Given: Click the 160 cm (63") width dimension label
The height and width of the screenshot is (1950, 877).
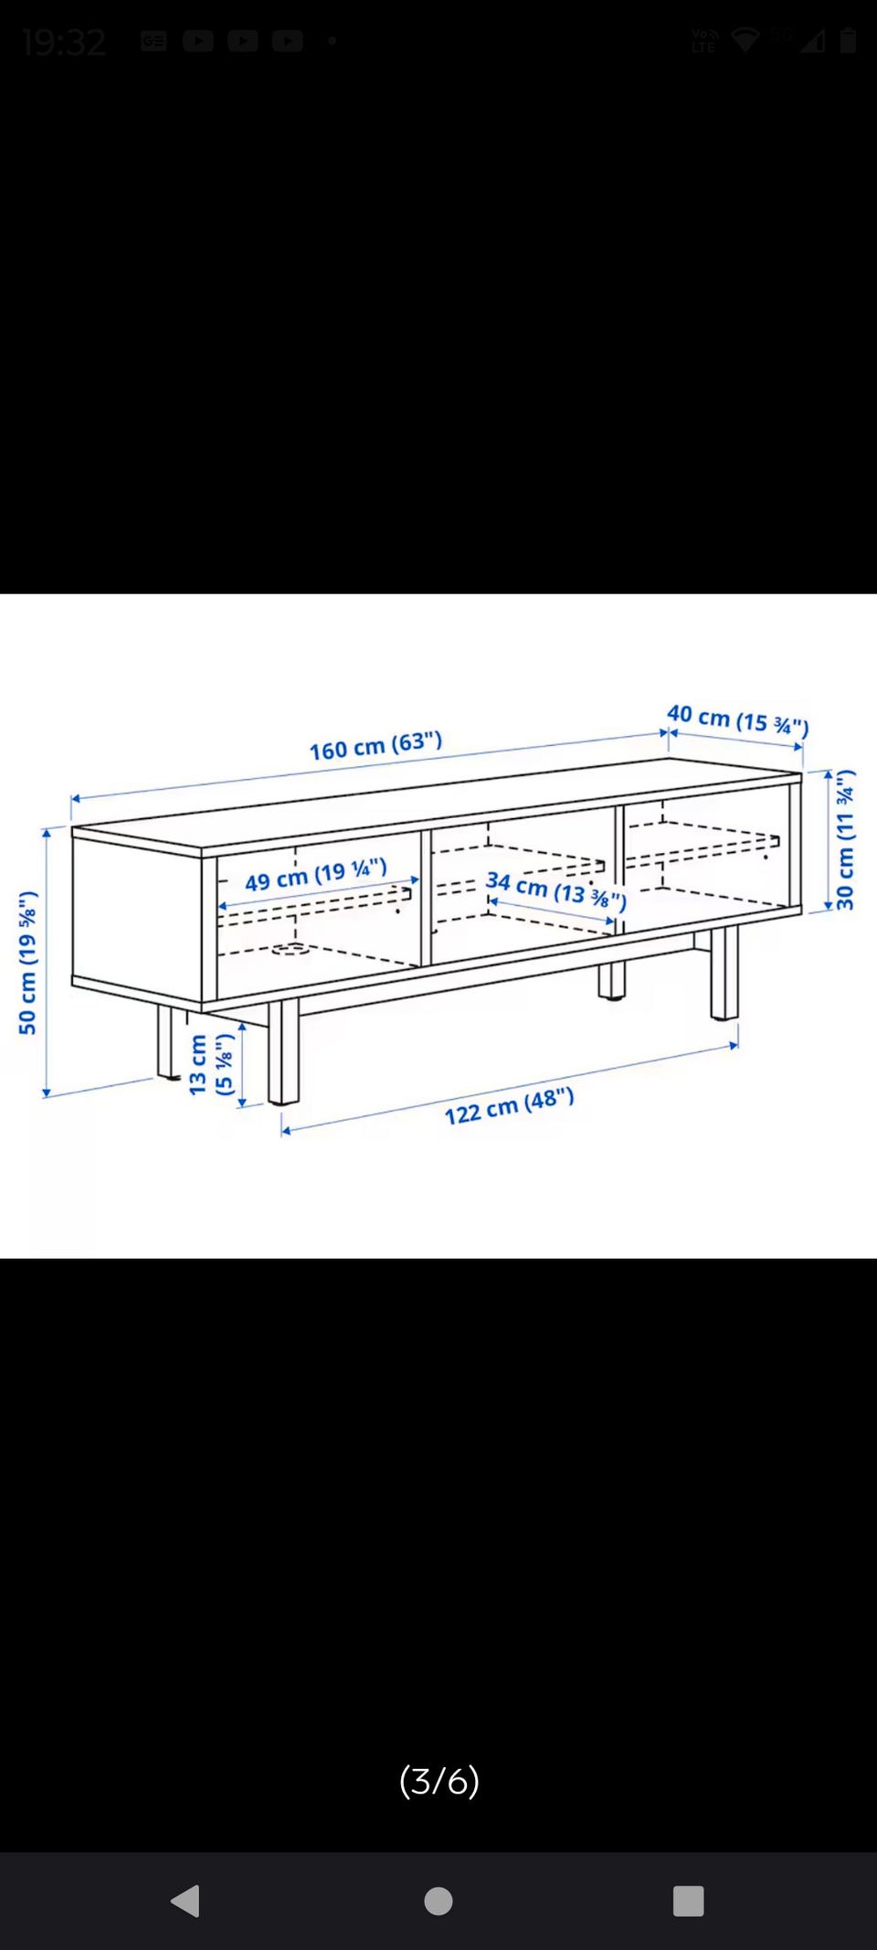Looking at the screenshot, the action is pos(375,746).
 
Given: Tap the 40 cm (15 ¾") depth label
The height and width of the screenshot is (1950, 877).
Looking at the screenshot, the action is pos(738,719).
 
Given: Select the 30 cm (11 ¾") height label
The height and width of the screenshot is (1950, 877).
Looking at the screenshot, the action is pos(845,839).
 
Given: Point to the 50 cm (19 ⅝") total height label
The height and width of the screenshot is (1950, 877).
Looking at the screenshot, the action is pos(27,962).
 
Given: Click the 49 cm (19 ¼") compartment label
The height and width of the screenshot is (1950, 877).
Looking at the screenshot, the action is pos(316,874).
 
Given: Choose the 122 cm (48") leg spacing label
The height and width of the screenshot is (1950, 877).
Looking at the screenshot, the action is pos(509,1106).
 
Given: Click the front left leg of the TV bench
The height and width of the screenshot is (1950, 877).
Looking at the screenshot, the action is pos(283,1051).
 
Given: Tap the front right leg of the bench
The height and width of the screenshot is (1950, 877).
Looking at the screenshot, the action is pos(724,973).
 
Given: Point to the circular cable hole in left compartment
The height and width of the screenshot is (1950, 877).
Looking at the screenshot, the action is pos(290,949).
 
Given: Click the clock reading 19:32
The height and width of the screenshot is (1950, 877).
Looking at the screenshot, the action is pos(64,42).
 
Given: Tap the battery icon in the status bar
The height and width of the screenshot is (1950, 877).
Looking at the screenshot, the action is pos(848,40).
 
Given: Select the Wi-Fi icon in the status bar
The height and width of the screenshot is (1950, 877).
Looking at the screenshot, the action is pos(745,40).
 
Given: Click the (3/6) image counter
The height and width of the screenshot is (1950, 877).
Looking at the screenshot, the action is pos(438,1781).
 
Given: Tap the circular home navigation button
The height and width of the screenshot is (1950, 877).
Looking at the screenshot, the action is pos(438,1902).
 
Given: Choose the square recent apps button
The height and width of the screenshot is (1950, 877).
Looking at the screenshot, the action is pos(688,1902).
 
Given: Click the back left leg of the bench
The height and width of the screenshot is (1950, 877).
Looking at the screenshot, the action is pos(167,1041).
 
